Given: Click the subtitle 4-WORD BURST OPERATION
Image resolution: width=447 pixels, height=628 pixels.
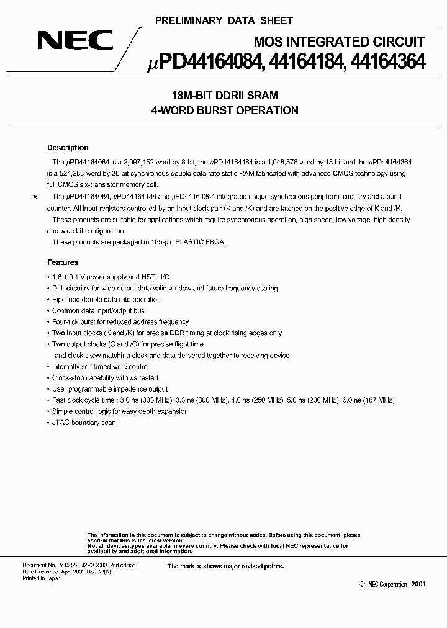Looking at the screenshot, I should point(224,110).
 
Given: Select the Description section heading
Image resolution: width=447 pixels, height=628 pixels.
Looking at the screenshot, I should point(68,148).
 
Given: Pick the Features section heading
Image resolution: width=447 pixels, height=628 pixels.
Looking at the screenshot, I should point(63,262).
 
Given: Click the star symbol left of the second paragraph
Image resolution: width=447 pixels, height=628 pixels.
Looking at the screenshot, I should point(34,197).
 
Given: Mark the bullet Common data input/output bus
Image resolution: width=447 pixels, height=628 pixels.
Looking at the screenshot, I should point(98,311).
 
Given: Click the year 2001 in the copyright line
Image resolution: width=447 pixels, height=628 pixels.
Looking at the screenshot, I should point(418,585).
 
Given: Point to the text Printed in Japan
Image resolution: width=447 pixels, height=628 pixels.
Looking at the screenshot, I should point(43,578).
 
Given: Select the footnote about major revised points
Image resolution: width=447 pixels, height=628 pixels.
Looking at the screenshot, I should point(225,566).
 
